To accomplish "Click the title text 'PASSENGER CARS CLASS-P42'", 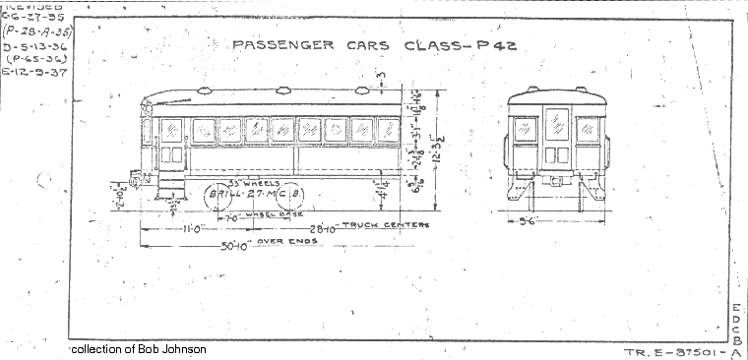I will (x=373, y=45).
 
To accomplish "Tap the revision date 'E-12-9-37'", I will (x=33, y=72).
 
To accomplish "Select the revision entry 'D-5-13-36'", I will (x=33, y=45).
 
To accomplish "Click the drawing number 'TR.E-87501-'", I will (x=673, y=351).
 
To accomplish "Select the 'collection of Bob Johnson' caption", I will (x=139, y=349).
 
